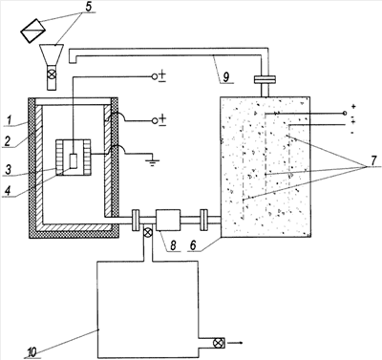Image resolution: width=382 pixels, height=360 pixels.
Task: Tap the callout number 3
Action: click(7, 170)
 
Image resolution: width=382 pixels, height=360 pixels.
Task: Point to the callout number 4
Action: click(8, 192)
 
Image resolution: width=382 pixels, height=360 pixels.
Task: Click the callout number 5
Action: click(88, 7)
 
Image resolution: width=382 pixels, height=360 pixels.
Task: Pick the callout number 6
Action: click(194, 245)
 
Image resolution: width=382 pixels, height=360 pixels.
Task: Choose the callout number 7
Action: click(373, 161)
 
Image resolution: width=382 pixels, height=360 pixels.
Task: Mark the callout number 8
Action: click(172, 245)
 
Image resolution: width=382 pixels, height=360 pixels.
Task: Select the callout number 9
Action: click(226, 77)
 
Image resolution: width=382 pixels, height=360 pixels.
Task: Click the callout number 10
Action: click(32, 351)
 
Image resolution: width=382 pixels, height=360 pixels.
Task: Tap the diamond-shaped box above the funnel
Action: click(33, 31)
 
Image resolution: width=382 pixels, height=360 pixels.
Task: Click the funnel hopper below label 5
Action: click(53, 54)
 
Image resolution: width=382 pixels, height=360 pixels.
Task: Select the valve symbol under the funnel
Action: click(53, 74)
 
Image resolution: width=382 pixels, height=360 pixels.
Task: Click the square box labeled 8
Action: click(167, 220)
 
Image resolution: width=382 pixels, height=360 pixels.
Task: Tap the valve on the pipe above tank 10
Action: click(147, 233)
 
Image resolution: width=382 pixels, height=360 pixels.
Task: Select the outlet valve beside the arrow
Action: click(218, 343)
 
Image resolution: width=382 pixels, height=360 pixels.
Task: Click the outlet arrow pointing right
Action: click(236, 343)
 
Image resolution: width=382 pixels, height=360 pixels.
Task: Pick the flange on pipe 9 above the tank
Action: click(265, 79)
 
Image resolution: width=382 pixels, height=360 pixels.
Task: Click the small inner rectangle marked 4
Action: click(74, 161)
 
